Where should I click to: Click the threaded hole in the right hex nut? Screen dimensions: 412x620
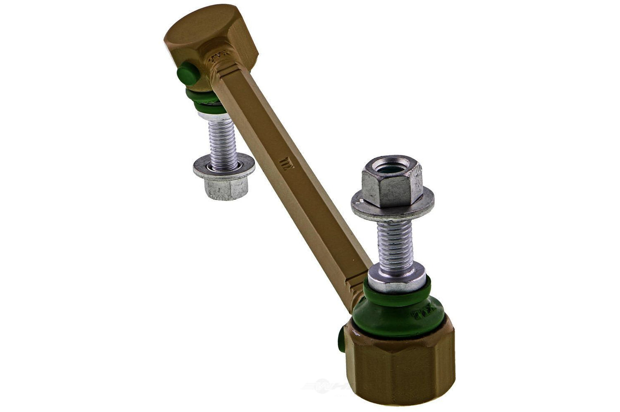[391, 164]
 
